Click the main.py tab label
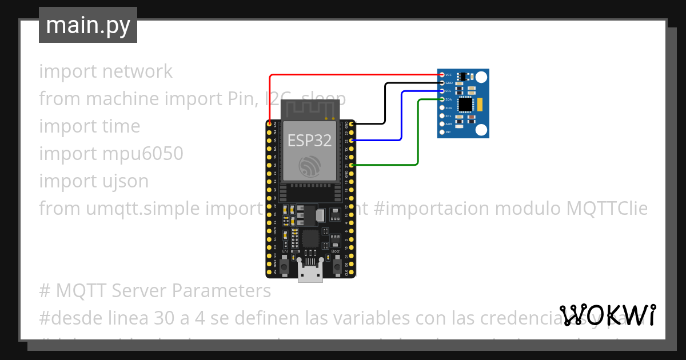(88, 25)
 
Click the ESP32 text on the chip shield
(309, 140)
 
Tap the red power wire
(354, 75)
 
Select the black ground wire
(384, 103)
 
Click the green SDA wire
(418, 132)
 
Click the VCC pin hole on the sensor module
(441, 75)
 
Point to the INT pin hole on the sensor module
(441, 132)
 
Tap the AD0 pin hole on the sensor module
(441, 124)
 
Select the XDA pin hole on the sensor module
(441, 107)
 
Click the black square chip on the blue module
(466, 104)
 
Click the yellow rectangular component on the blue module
(480, 104)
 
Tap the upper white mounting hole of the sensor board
(482, 77)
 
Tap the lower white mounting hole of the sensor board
(482, 130)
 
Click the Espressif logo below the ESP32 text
(309, 166)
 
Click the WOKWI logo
(608, 315)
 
